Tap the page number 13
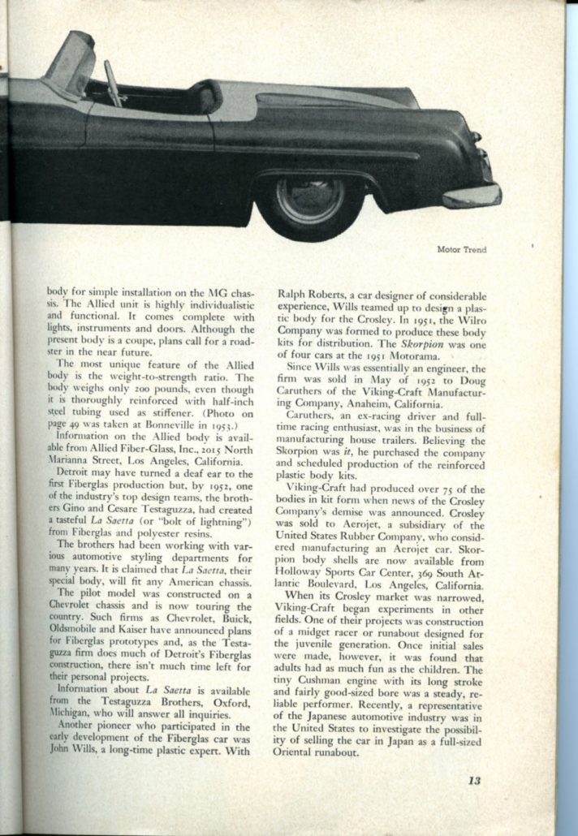[x=475, y=782]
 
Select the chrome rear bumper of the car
[x=473, y=195]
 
